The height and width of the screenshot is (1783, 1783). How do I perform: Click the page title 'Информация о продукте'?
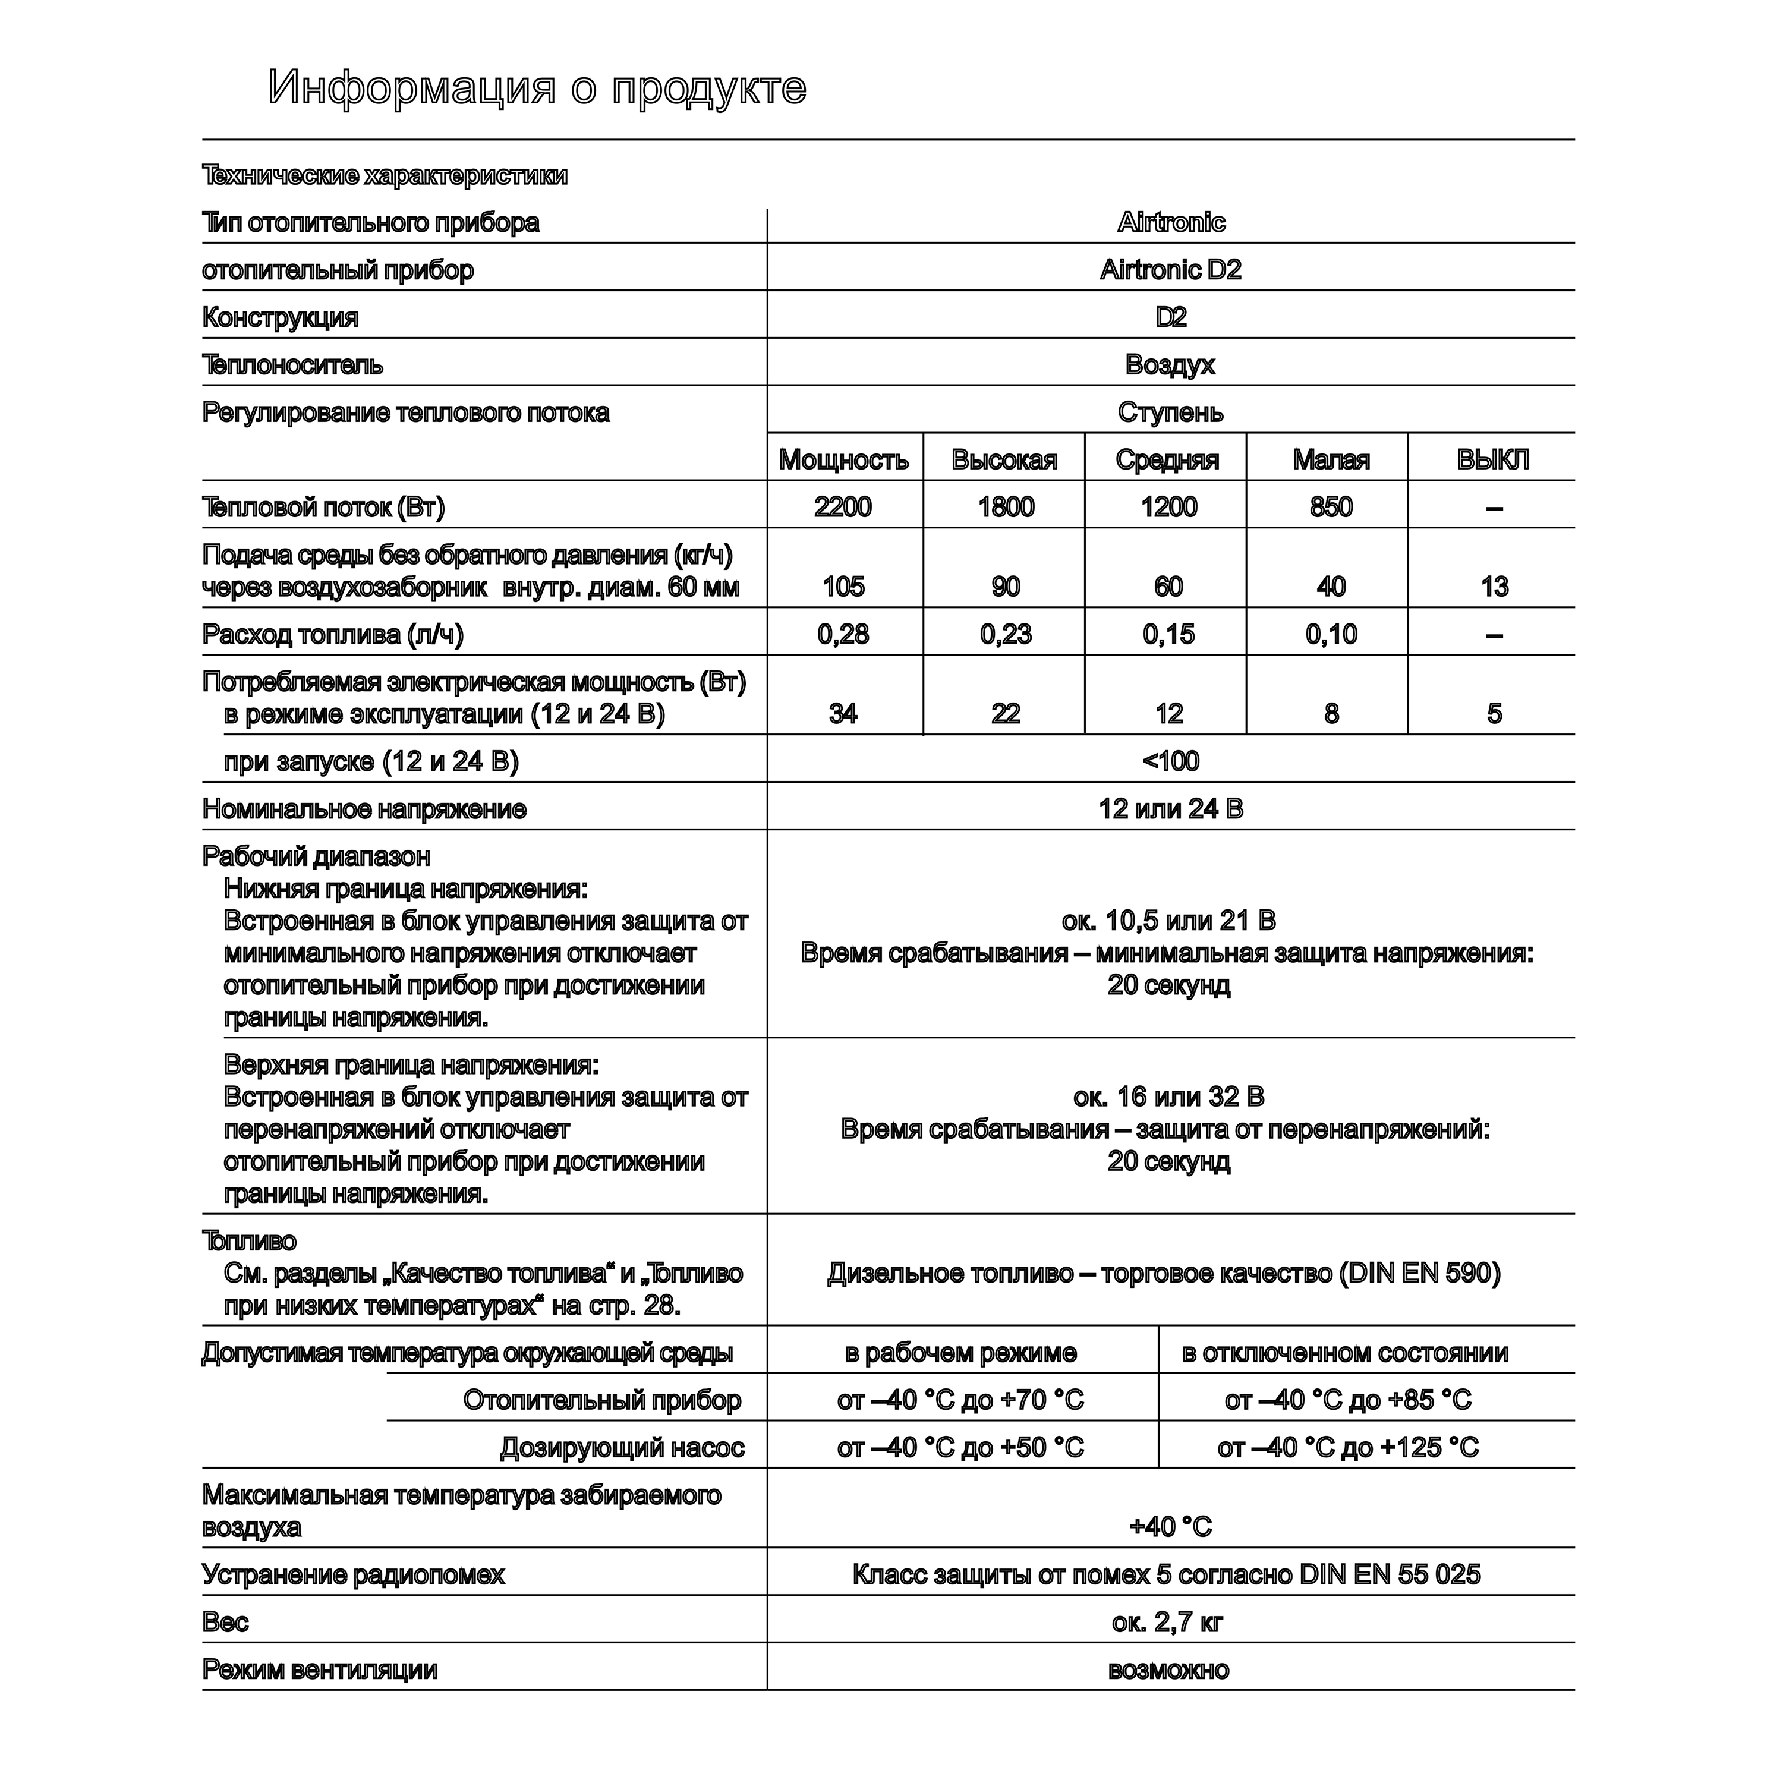537,89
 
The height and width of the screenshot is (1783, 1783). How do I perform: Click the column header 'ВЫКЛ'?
1492,459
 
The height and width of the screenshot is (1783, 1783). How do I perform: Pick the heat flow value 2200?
843,506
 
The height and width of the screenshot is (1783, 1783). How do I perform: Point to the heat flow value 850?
1331,506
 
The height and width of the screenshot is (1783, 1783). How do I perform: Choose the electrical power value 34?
843,713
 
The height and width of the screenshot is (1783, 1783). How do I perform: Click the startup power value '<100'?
1170,761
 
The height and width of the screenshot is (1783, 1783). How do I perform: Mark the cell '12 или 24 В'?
1170,809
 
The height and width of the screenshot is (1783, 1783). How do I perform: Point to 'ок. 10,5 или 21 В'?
1168,921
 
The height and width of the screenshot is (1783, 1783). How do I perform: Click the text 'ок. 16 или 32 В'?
1168,1097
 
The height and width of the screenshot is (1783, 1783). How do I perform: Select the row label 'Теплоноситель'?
292,366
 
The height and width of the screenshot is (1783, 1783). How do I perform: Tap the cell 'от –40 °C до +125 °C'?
1347,1448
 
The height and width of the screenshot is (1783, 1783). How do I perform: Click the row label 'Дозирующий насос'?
622,1448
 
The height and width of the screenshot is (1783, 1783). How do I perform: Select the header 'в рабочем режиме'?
960,1353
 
